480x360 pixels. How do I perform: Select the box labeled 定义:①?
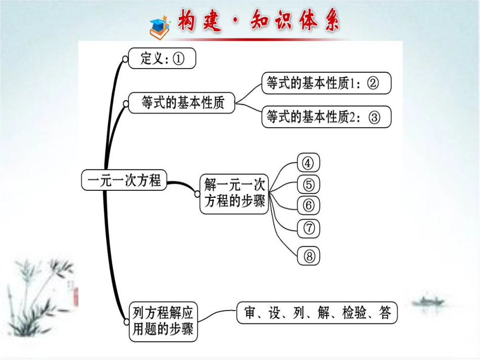162,59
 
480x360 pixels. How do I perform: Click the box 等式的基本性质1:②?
326,83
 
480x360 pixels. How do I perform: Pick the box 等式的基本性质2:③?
326,117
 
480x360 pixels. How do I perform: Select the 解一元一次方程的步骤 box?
234,194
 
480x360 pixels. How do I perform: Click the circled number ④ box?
309,163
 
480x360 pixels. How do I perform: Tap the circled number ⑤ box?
309,184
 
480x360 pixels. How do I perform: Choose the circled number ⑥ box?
309,205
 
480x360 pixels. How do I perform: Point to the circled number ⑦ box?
309,228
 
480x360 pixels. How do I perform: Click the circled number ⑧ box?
309,255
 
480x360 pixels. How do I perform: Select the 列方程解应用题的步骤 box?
162,321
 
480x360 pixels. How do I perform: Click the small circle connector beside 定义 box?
125,59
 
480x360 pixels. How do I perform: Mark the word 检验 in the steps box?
352,313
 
